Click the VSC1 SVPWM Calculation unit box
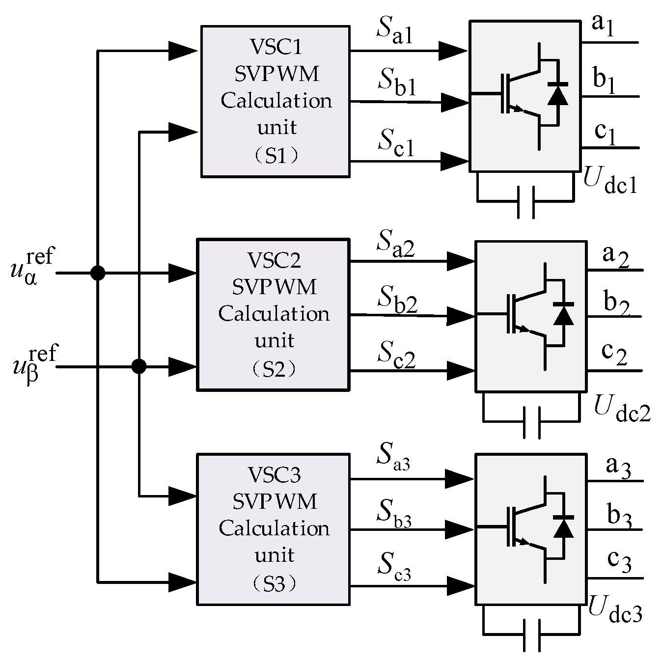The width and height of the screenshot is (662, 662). point(276,101)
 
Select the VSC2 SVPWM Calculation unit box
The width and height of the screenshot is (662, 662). point(273,314)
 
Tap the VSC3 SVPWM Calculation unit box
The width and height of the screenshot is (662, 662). point(273,529)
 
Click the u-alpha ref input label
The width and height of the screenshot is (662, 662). point(32,268)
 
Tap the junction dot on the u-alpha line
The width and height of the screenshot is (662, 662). point(98,273)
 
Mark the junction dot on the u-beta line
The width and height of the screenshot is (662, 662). point(139,366)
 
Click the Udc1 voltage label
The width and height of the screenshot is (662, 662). point(609,180)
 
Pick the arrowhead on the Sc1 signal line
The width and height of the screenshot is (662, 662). point(453,161)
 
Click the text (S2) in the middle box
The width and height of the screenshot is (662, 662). point(274,369)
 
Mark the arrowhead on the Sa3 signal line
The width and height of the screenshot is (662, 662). point(459,479)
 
